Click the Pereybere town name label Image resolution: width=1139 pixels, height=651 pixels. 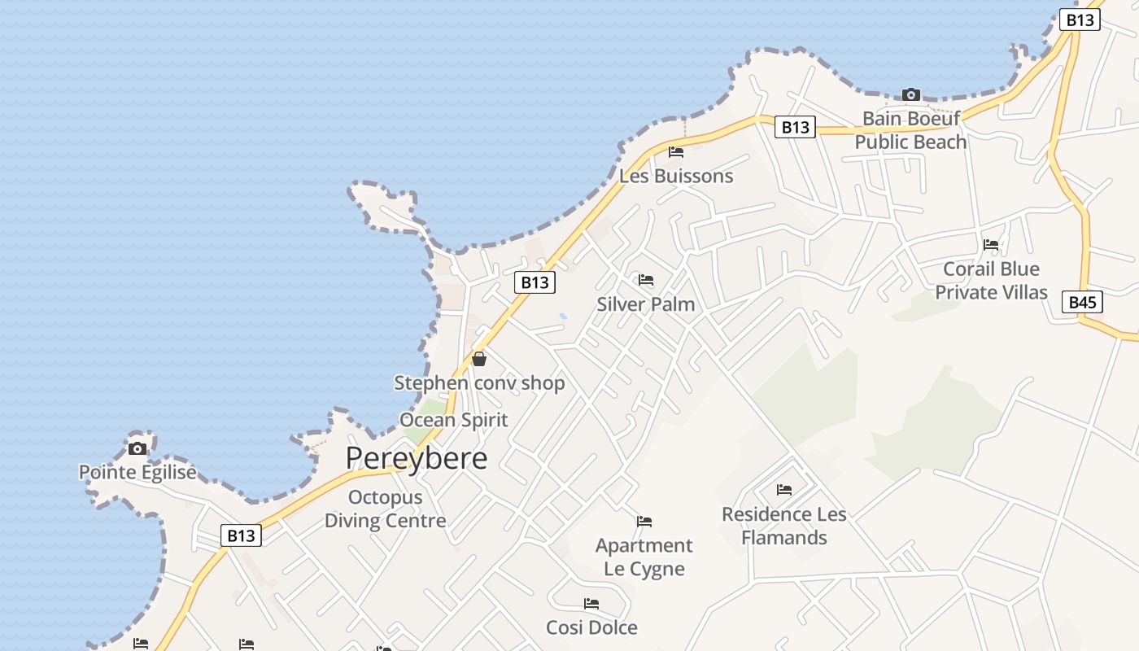[417, 458]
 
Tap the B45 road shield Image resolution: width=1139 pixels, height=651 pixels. [1082, 303]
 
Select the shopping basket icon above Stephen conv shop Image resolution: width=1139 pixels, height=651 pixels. [479, 358]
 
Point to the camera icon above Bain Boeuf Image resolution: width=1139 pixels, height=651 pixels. [911, 94]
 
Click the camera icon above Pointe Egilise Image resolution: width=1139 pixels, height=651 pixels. [137, 448]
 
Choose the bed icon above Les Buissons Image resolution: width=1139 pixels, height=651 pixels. [675, 151]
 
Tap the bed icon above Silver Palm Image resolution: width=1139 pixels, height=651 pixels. [646, 280]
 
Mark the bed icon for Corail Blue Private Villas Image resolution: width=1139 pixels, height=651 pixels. [991, 244]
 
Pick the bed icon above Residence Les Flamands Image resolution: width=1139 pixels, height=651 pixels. [784, 490]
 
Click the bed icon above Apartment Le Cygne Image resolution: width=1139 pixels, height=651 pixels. [644, 521]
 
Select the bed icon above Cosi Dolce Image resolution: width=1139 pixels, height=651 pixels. [591, 604]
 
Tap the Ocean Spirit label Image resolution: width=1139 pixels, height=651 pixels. [453, 420]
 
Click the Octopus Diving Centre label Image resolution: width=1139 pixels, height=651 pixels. [386, 509]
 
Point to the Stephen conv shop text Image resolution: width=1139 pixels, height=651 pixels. [479, 382]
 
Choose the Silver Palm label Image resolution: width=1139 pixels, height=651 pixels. [646, 304]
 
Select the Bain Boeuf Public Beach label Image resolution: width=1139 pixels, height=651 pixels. [910, 130]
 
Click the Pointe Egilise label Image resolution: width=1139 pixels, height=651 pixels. [137, 472]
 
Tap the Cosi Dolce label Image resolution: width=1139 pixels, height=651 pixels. [591, 627]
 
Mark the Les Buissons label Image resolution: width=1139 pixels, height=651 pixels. [676, 176]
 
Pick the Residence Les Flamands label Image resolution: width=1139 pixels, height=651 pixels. [784, 526]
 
